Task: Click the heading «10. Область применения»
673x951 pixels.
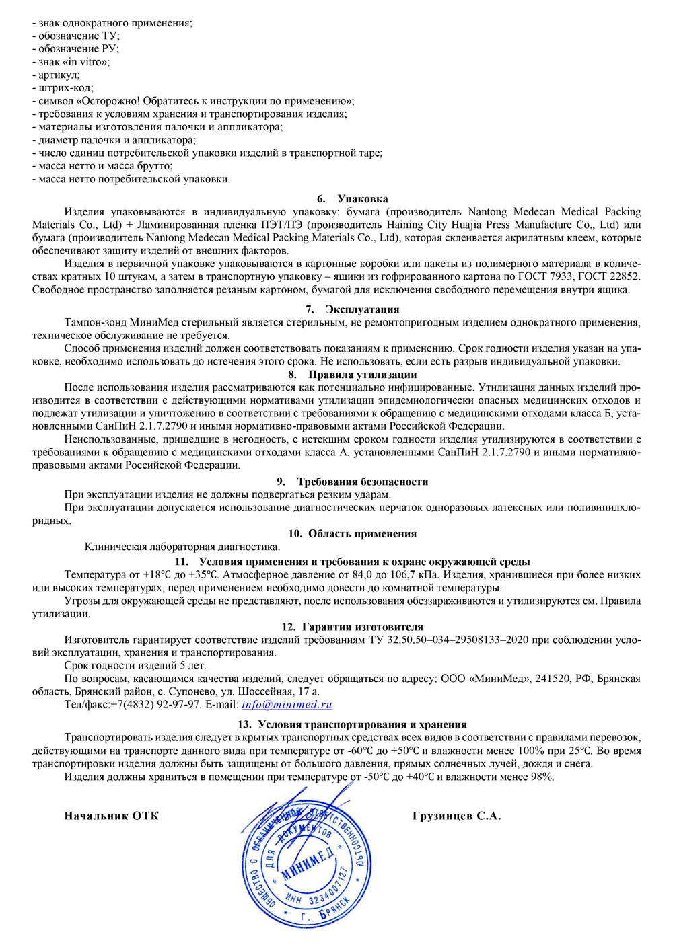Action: tap(353, 534)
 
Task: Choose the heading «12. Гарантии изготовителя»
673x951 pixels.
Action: tap(353, 627)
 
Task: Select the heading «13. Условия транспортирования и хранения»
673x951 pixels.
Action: tap(353, 724)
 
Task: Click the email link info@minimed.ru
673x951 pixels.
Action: tap(287, 705)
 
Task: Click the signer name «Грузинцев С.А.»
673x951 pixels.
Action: tap(456, 816)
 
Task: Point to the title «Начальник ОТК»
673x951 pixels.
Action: tap(112, 816)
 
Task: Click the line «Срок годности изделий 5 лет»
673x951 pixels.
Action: tap(135, 666)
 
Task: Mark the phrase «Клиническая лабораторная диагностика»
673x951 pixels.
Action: tap(182, 547)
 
